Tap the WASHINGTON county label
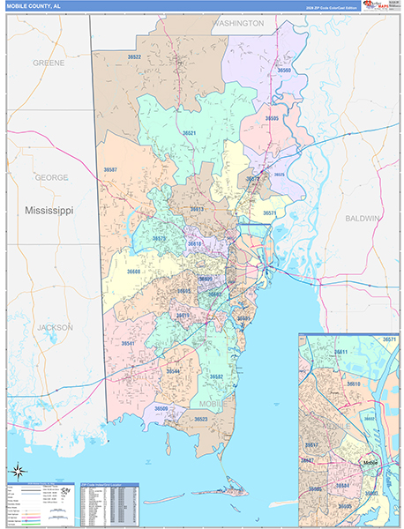pyautogui.click(x=238, y=24)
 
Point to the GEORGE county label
pyautogui.click(x=51, y=177)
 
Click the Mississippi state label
pyautogui.click(x=49, y=212)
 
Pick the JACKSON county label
pyautogui.click(x=55, y=327)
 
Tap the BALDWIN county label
pyautogui.click(x=362, y=217)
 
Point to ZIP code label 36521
pyautogui.click(x=190, y=132)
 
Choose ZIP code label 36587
pyautogui.click(x=110, y=169)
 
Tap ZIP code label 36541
pyautogui.click(x=129, y=343)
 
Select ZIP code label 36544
pyautogui.click(x=173, y=371)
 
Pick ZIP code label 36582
pyautogui.click(x=216, y=376)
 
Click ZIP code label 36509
pyautogui.click(x=161, y=408)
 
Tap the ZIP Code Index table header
pyautogui.click(x=108, y=486)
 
